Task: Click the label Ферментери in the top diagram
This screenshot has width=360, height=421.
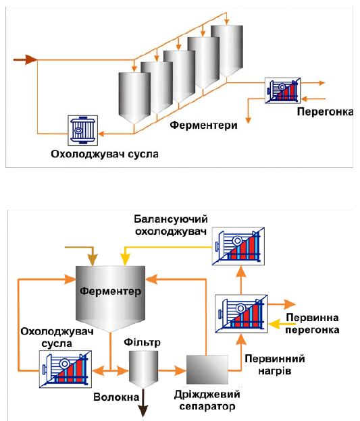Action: point(203,125)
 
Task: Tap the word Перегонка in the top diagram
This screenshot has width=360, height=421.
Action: point(325,112)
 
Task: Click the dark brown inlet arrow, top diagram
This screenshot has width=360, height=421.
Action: point(25,59)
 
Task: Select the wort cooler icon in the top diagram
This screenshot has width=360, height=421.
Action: point(83,130)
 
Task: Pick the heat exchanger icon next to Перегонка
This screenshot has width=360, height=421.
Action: point(282,90)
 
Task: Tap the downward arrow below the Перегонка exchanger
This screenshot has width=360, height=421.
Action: point(248,111)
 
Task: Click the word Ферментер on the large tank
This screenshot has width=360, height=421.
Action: point(110,291)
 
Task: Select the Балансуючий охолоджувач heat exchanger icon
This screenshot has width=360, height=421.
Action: point(238,246)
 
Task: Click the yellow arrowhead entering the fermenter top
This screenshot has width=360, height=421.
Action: point(125,260)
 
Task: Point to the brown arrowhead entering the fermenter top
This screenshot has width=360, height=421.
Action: point(93,260)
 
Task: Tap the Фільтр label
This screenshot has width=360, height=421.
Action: point(142,342)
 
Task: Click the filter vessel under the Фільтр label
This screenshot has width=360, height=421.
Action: point(143,369)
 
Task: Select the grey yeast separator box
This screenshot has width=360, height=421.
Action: point(207,370)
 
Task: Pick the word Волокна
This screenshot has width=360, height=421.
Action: point(116,397)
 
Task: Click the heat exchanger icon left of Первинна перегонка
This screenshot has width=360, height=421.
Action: point(241,314)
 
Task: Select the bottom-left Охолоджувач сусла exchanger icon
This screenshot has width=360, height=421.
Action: point(66,369)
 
